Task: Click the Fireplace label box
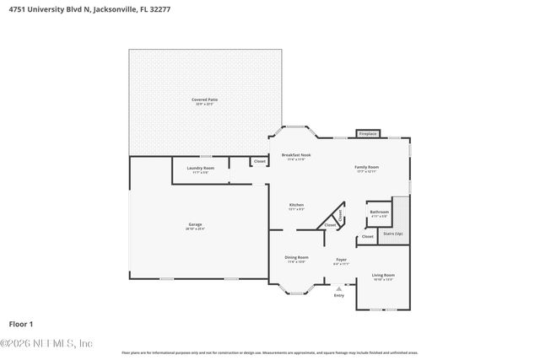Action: point(368,133)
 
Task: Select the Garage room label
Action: point(196,225)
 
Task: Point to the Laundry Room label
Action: point(200,168)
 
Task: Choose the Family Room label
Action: point(366,167)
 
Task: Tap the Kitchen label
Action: point(296,205)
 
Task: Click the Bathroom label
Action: point(379,212)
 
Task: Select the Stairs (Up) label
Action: point(393,233)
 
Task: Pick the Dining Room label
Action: point(296,257)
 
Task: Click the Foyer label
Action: point(341,260)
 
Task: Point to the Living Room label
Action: point(384,275)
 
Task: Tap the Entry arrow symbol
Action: point(339,288)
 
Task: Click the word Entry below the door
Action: point(339,296)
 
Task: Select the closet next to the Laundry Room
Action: point(260,161)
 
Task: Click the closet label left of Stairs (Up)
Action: point(367,237)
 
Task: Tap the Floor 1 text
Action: point(21,323)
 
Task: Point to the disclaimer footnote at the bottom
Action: point(270,352)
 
